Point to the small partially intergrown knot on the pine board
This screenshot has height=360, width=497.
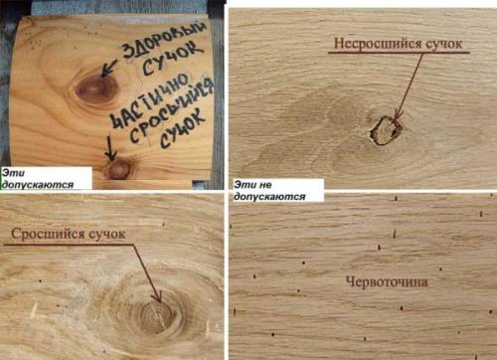[x=117, y=169]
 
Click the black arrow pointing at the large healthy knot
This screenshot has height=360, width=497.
[x=108, y=68]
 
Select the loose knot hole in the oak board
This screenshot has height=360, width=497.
[x=385, y=130]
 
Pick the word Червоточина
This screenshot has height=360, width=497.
[x=387, y=281]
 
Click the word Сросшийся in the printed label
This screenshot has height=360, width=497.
[x=49, y=235]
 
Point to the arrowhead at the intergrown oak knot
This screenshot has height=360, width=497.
[x=157, y=296]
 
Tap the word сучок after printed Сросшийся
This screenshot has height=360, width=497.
[x=107, y=235]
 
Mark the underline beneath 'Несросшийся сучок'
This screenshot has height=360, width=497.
[x=399, y=53]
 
